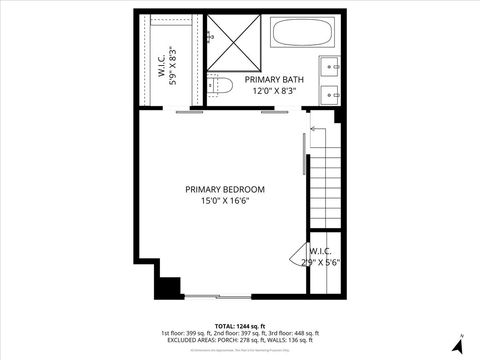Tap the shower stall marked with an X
pos(237,44)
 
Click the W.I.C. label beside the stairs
pos(321,251)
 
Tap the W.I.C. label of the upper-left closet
pos(161,65)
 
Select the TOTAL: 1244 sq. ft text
pos(239,326)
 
